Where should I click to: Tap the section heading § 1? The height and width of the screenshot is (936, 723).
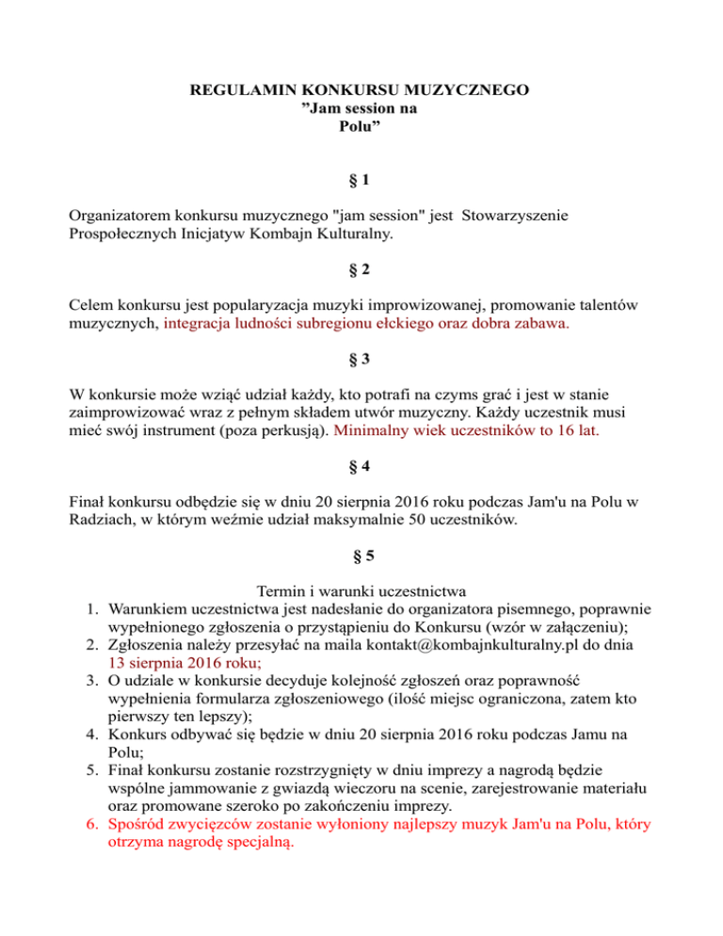point(361,180)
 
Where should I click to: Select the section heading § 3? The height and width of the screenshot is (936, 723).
point(361,361)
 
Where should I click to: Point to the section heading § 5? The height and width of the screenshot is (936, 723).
point(361,556)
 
